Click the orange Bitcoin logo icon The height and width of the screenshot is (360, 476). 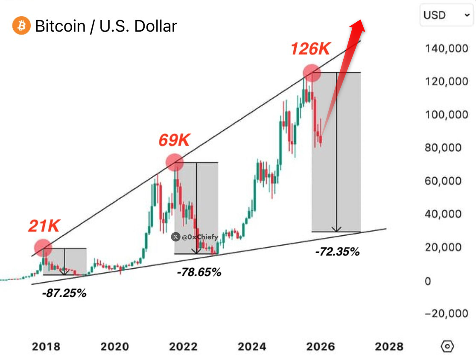pos(21,26)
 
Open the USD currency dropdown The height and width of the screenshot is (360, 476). pos(446,15)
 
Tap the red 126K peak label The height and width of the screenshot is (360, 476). pos(310,49)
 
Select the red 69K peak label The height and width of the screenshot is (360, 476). pos(175,140)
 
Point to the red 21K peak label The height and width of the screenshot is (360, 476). pos(44,226)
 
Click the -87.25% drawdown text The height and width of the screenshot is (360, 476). pos(64,293)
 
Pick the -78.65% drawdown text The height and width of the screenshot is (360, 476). pos(199,272)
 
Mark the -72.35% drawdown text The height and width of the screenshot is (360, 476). pos(337,252)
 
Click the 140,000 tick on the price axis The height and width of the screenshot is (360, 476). pos(446,48)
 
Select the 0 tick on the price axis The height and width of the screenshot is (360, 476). pos(428,281)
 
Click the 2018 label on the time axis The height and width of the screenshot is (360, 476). pos(46,346)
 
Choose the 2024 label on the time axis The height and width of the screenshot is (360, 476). pos(252,346)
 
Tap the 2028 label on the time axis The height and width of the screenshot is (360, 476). pos(389,346)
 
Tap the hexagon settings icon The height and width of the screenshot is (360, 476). pos(447,346)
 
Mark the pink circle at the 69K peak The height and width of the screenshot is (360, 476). pos(175,162)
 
